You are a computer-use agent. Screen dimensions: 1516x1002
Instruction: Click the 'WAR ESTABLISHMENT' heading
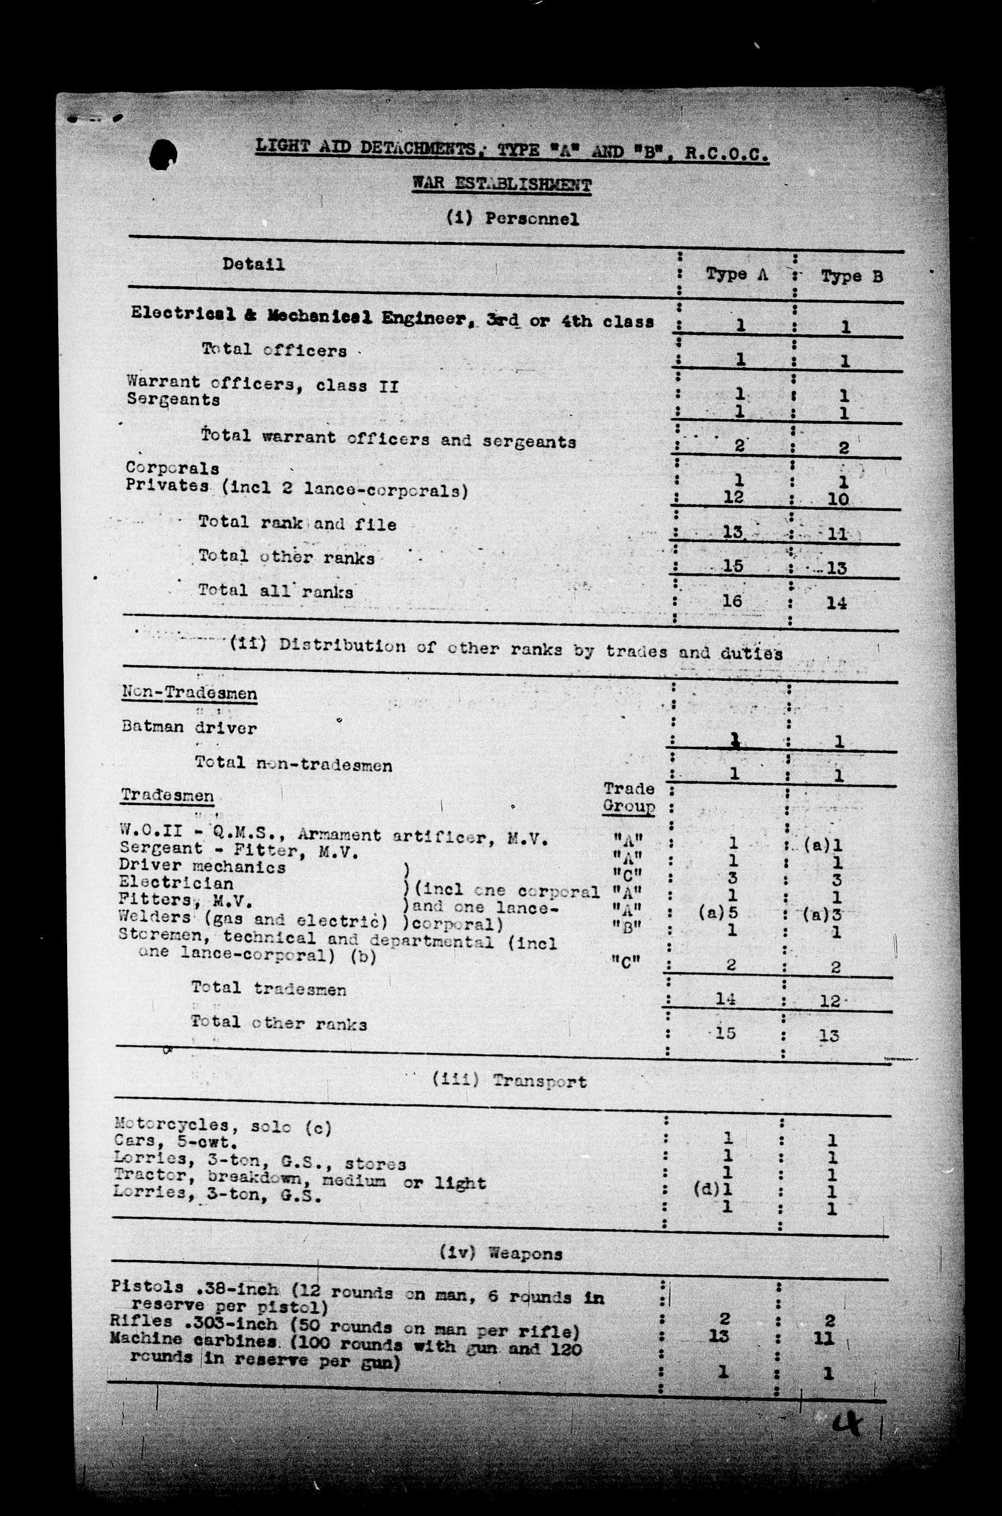(502, 184)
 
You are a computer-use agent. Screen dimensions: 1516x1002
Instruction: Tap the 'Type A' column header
(736, 274)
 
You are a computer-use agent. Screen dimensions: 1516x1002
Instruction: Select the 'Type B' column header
(852, 277)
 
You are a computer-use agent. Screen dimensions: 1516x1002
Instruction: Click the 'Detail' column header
(253, 264)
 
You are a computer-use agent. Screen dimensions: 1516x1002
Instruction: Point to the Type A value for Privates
(734, 496)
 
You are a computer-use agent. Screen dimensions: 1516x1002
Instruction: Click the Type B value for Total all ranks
(836, 603)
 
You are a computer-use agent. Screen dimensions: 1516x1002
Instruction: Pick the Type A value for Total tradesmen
(726, 998)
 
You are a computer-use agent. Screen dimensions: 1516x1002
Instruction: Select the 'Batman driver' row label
(189, 727)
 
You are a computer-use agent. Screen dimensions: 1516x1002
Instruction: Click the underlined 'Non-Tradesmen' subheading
(189, 693)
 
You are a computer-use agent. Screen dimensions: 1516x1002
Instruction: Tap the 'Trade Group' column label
(629, 797)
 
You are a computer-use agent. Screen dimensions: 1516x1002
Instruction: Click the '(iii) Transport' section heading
(509, 1081)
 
